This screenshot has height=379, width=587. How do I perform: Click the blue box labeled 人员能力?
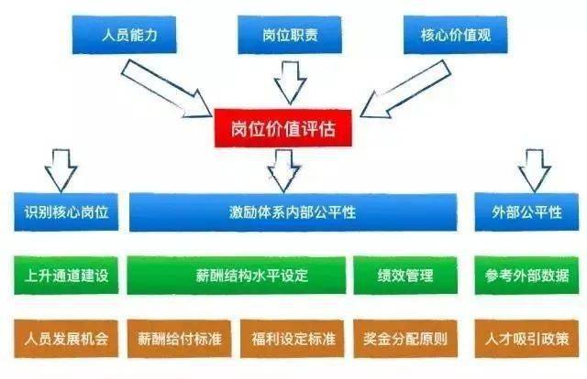click(x=124, y=35)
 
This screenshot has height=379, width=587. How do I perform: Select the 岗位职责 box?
click(x=290, y=35)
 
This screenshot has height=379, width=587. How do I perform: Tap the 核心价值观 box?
click(x=455, y=35)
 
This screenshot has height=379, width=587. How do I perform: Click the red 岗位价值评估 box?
click(x=283, y=128)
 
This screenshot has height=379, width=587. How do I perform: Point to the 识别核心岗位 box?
click(x=66, y=211)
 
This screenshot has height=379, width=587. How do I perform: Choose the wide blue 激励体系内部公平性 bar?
click(x=293, y=212)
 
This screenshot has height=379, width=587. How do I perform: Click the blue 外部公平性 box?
click(x=526, y=211)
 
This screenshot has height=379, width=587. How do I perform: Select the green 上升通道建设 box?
click(x=66, y=276)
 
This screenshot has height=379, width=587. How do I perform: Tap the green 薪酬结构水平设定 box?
click(x=237, y=276)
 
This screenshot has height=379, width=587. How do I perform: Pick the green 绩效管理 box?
click(x=405, y=276)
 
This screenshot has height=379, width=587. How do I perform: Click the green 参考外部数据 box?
click(x=526, y=276)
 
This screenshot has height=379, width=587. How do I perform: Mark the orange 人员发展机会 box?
click(x=66, y=339)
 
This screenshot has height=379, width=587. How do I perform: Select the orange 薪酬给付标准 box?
click(x=180, y=339)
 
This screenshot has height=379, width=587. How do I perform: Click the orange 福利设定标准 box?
click(x=293, y=339)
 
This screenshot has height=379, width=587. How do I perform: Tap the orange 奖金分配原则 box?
click(x=405, y=339)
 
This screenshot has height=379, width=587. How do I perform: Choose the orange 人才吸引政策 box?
click(x=526, y=339)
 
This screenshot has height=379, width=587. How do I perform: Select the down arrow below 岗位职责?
click(x=290, y=83)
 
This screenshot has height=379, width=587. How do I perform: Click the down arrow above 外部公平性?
click(x=534, y=171)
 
